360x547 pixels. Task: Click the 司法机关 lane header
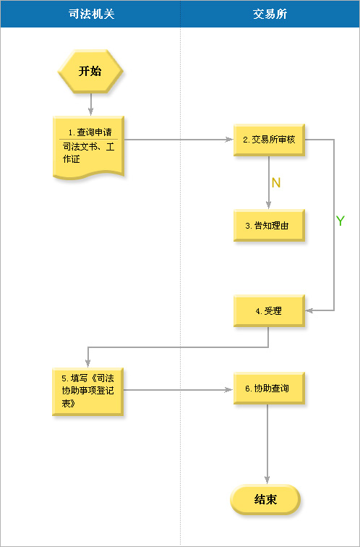90,14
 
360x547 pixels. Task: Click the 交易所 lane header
270,14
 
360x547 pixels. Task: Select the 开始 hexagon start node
90,71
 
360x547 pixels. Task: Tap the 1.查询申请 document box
88,147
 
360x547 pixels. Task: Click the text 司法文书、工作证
88,153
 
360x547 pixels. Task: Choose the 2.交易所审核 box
269,140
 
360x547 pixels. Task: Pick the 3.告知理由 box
269,225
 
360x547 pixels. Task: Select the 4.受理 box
269,311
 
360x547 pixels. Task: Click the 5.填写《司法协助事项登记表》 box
87,391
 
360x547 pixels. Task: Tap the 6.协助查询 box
269,389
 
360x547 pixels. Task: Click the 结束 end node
265,499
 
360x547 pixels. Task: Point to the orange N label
276,183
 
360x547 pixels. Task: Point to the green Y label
340,221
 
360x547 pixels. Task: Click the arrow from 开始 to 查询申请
90,104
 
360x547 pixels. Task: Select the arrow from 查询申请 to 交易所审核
179,140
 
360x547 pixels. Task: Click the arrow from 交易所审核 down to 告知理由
269,182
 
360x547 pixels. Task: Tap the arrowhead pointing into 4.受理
309,310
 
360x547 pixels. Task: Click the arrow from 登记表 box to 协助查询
179,390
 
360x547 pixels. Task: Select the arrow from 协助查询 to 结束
267,444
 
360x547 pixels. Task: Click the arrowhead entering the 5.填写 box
87,363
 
